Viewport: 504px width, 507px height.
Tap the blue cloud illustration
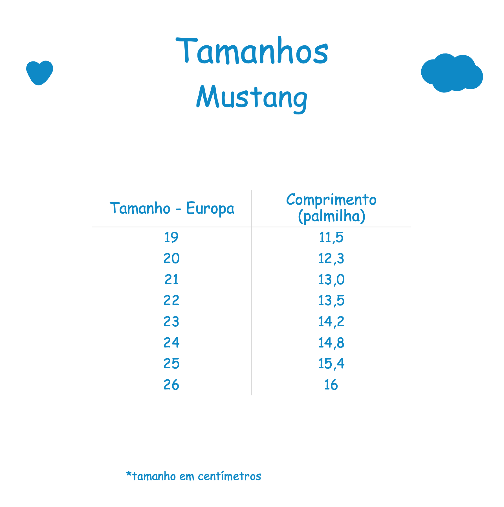452,73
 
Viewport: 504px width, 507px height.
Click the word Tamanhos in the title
252,51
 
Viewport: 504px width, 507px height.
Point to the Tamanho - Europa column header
172,209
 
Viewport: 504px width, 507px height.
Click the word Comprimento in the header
331,200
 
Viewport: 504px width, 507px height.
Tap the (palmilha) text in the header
332,216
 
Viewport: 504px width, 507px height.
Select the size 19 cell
171,237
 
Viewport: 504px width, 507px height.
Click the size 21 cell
171,280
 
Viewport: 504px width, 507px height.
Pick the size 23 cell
171,322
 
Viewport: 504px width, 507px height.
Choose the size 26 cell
171,385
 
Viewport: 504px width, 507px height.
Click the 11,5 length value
331,237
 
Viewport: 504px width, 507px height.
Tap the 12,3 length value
331,258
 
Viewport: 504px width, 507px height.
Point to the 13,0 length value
331,280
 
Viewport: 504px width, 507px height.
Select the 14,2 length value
331,322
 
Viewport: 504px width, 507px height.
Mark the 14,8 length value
331,343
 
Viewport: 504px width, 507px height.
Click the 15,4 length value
331,364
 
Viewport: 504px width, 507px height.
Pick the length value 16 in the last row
331,385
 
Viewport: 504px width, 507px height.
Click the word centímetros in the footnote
229,476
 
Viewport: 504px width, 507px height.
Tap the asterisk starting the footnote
129,474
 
